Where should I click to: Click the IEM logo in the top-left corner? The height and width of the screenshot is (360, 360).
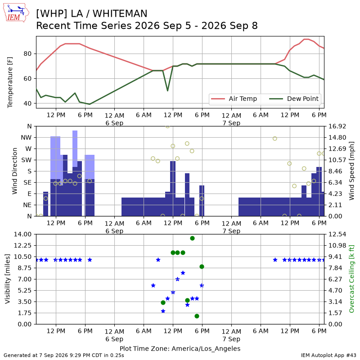click(x=16, y=13)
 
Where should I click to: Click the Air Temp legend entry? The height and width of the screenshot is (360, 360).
click(x=234, y=99)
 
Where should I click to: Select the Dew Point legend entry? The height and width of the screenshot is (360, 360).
click(x=294, y=99)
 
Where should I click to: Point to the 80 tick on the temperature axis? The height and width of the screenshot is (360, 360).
click(x=27, y=54)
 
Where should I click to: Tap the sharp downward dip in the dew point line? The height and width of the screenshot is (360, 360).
click(x=167, y=90)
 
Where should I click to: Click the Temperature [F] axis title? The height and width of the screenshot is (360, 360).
click(x=10, y=82)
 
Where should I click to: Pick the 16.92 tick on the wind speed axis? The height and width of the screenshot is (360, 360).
click(x=337, y=126)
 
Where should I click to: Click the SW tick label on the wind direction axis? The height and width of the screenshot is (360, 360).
click(x=27, y=160)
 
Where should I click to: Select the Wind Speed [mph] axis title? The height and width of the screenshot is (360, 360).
click(x=351, y=171)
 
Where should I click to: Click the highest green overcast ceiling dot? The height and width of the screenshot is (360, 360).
click(x=193, y=238)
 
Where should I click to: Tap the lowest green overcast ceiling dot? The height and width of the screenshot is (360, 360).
click(x=197, y=316)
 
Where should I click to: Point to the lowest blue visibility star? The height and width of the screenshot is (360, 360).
click(x=163, y=311)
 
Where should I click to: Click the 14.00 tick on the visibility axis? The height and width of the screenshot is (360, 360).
click(x=22, y=234)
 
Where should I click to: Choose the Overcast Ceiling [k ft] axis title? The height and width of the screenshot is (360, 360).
click(x=351, y=279)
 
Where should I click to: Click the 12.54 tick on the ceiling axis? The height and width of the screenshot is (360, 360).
click(x=337, y=234)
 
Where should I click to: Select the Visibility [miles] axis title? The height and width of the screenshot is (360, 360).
click(x=7, y=279)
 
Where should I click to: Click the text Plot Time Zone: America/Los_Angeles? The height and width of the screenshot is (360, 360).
click(x=180, y=348)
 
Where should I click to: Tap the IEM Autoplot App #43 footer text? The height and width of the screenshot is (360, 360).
click(x=328, y=355)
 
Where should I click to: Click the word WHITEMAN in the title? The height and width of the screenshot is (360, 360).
click(x=120, y=13)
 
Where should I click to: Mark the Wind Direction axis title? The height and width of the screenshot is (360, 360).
click(x=15, y=171)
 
